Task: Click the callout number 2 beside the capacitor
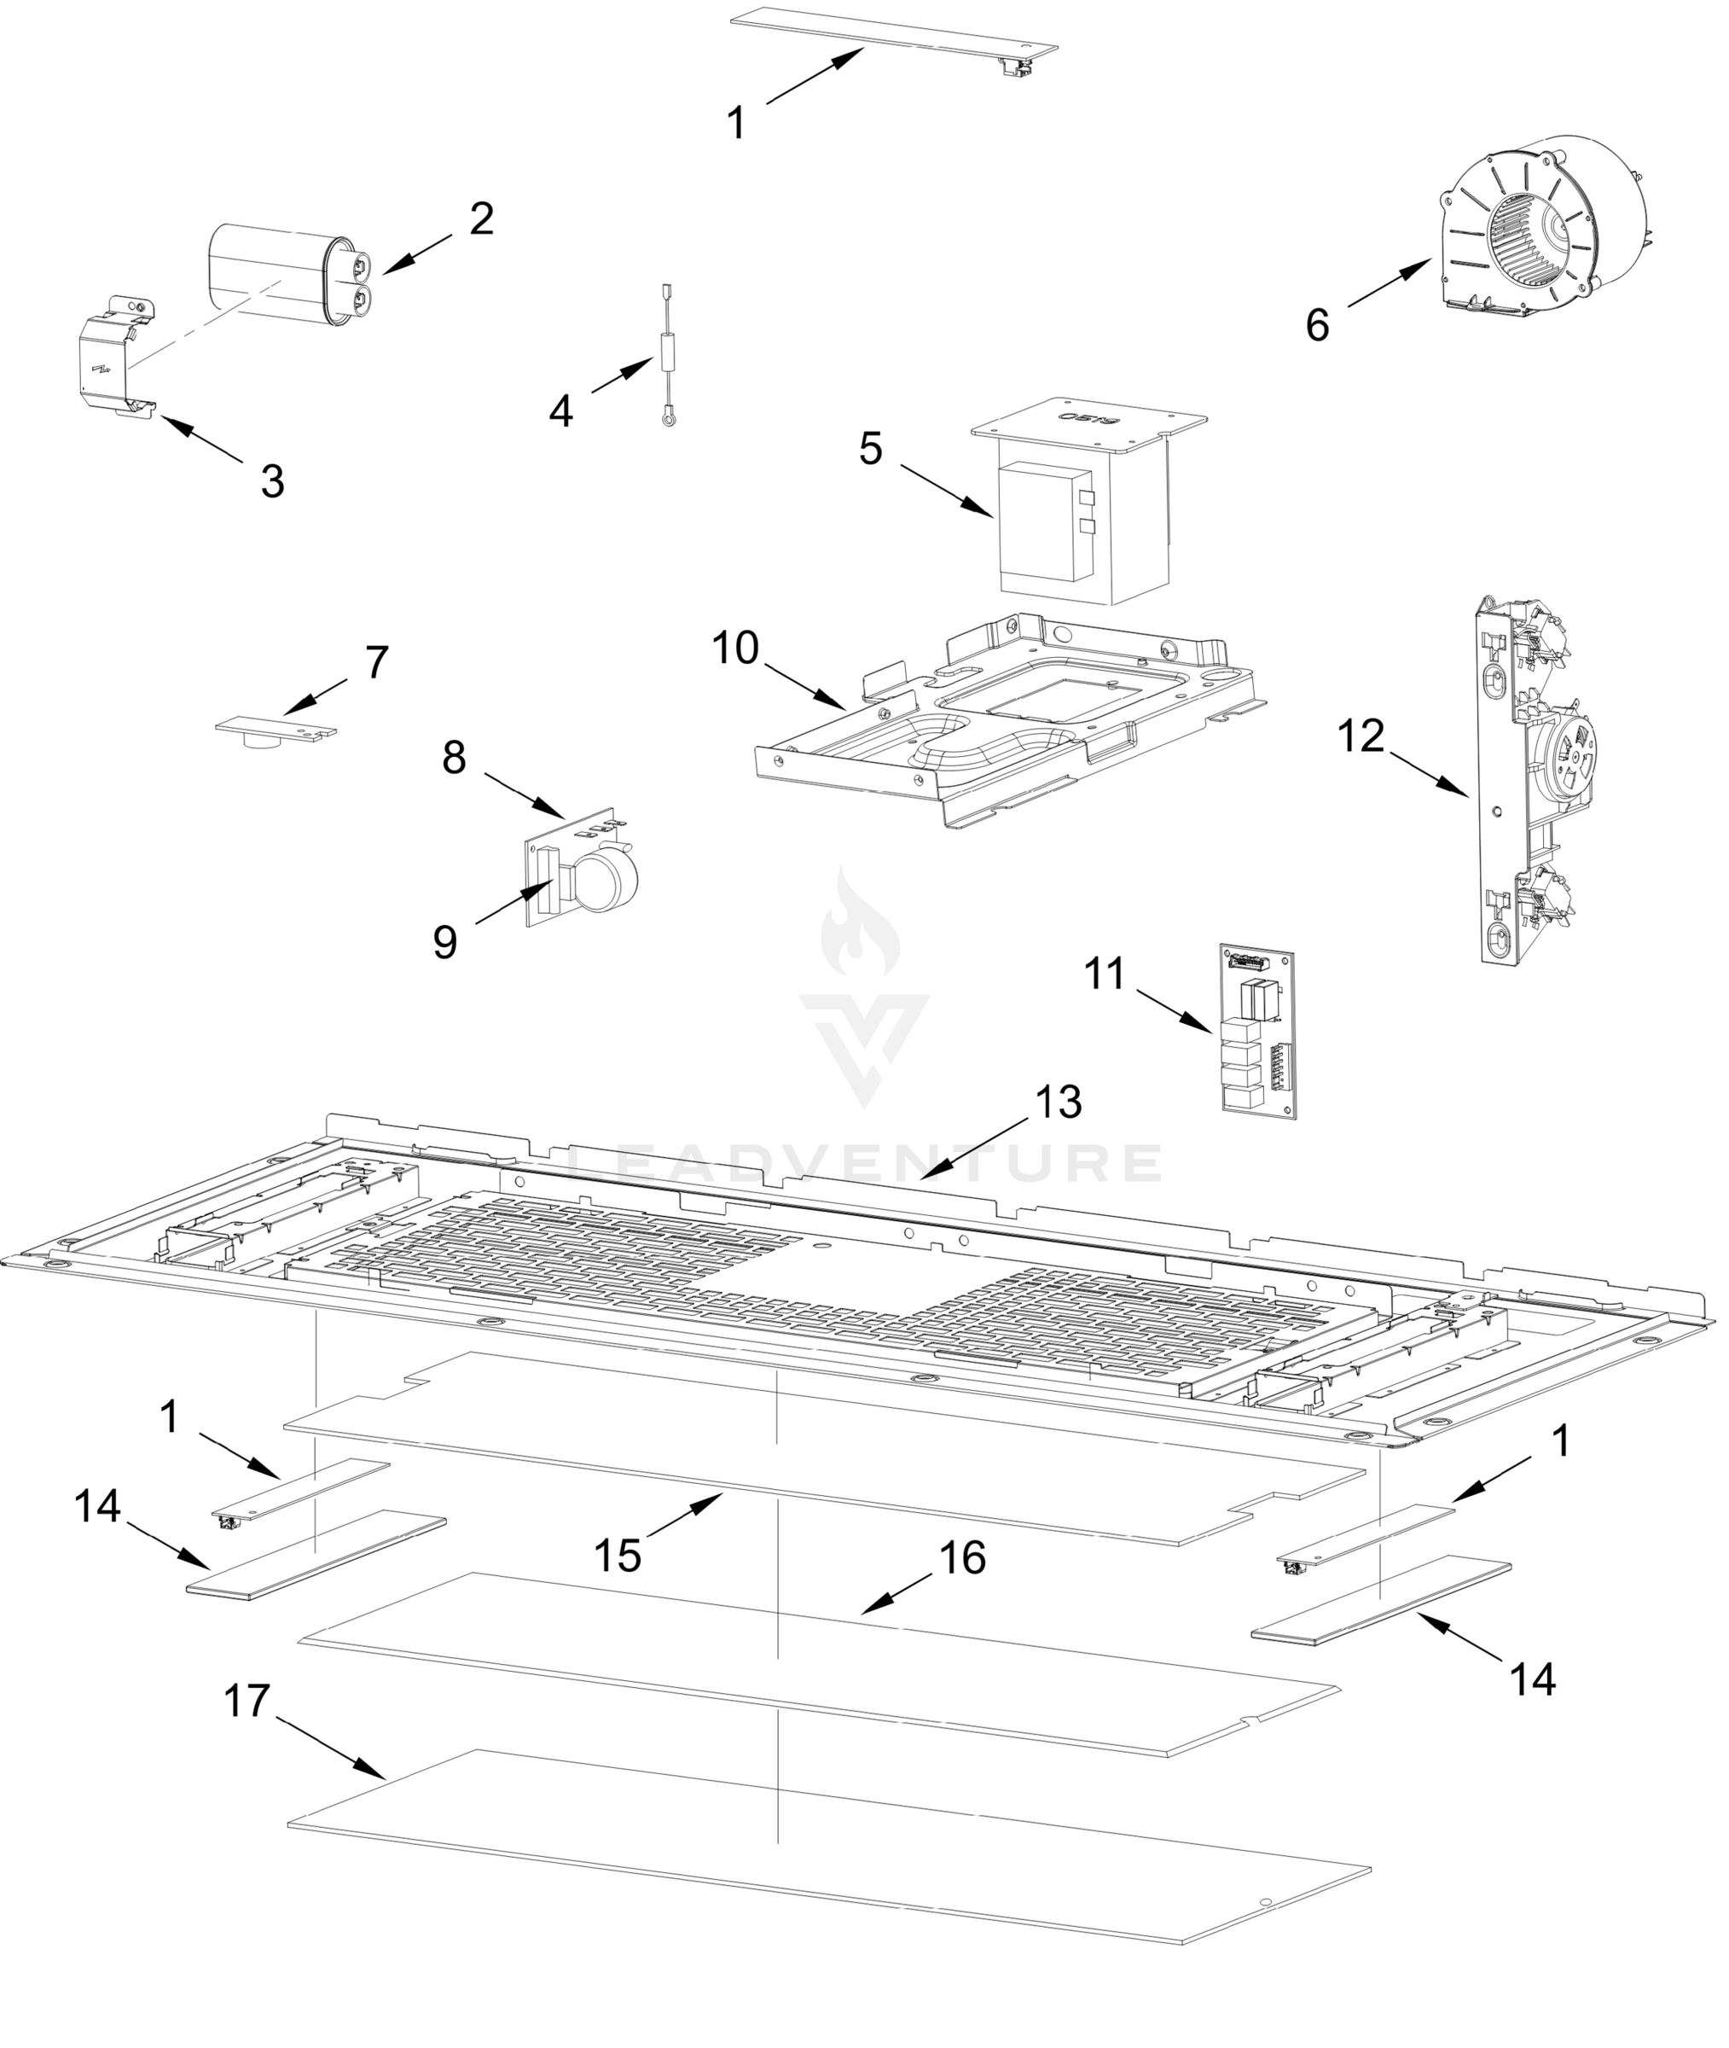click(480, 219)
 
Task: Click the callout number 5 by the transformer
click(870, 449)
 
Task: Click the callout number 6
click(1317, 325)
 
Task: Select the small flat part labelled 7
click(276, 730)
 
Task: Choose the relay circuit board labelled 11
click(1257, 1029)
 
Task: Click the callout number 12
click(1361, 736)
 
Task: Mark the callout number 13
click(1058, 1102)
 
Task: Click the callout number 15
click(618, 1556)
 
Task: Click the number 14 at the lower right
click(1533, 1680)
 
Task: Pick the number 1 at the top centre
click(736, 124)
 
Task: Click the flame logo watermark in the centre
click(862, 927)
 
